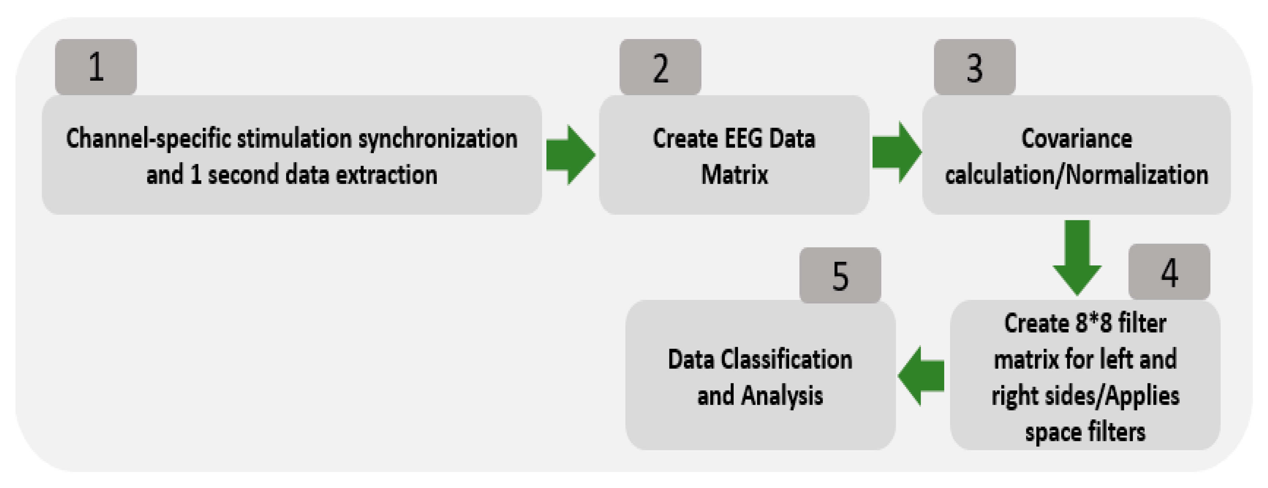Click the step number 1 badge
tap(95, 67)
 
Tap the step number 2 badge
tap(660, 67)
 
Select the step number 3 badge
tap(975, 67)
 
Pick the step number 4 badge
tap(1169, 272)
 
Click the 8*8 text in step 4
tap(1092, 323)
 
